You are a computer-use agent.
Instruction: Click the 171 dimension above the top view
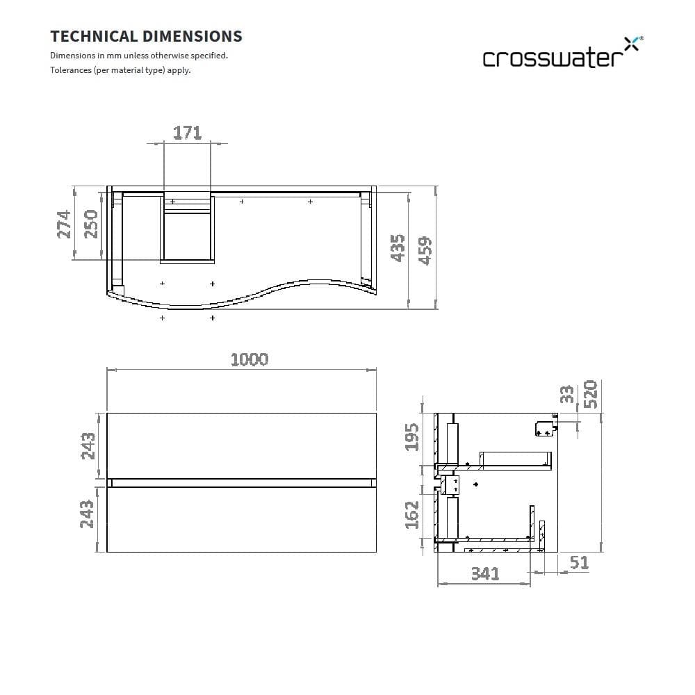click(x=187, y=132)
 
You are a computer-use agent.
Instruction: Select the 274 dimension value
click(x=64, y=224)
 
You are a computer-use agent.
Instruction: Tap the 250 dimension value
click(x=90, y=224)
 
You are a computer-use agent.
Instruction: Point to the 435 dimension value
click(x=398, y=247)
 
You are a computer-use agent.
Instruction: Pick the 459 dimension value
click(x=424, y=251)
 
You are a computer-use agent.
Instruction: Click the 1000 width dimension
click(x=249, y=359)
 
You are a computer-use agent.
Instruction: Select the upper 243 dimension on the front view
click(x=88, y=445)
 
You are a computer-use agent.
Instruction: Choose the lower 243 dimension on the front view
click(x=88, y=514)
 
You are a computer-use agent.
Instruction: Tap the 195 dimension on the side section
click(x=412, y=436)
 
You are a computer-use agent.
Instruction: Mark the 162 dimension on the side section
click(x=412, y=514)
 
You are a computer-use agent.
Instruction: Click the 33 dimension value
click(x=568, y=394)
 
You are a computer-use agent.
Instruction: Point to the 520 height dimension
click(x=590, y=393)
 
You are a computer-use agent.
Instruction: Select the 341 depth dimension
click(x=484, y=574)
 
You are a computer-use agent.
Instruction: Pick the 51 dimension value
click(x=578, y=562)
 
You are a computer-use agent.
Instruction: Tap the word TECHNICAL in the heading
click(x=94, y=36)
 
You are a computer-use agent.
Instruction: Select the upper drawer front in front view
click(x=241, y=445)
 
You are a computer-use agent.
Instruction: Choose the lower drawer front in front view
click(x=241, y=520)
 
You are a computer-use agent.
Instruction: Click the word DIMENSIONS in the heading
click(x=193, y=36)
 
